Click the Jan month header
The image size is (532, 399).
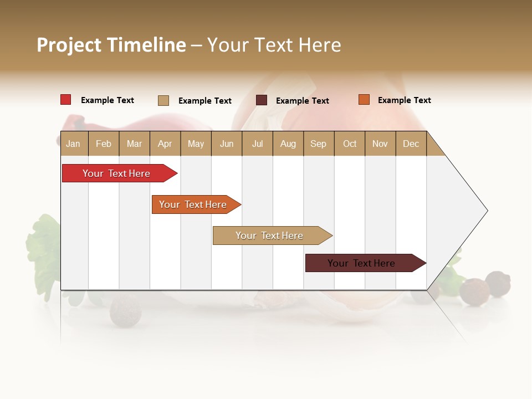pyautogui.click(x=73, y=144)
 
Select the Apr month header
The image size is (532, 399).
pyautogui.click(x=165, y=144)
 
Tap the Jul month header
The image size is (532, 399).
pyautogui.click(x=257, y=144)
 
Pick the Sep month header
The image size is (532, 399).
pyautogui.click(x=318, y=144)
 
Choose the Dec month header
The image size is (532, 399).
pyautogui.click(x=411, y=144)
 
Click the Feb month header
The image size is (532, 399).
pyautogui.click(x=104, y=144)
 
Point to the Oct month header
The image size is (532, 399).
pyautogui.click(x=350, y=144)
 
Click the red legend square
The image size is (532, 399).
pyautogui.click(x=66, y=100)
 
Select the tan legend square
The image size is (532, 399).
pyautogui.click(x=163, y=100)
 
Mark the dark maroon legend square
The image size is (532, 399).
pyautogui.click(x=262, y=100)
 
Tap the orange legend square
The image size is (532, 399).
pyautogui.click(x=364, y=100)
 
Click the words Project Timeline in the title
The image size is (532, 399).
pyautogui.click(x=111, y=45)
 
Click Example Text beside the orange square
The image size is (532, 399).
pyautogui.click(x=404, y=100)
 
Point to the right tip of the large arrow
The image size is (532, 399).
pyautogui.click(x=487, y=211)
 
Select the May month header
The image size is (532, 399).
pyautogui.click(x=196, y=144)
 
